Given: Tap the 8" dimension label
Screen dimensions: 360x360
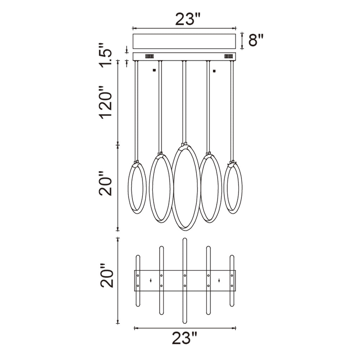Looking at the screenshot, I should tap(256, 40).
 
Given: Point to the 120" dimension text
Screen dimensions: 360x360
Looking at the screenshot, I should tap(105, 102).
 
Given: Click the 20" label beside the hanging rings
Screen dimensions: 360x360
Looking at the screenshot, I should tap(105, 184).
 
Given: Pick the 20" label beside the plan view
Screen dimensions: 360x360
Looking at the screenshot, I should tap(107, 279).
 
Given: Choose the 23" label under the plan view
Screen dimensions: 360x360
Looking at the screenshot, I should tap(185, 339).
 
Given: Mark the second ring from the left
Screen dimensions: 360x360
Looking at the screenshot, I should tap(161, 188).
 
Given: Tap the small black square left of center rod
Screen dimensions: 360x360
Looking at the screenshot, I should tap(154, 71).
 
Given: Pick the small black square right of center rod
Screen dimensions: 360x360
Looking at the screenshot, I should tap(214, 71).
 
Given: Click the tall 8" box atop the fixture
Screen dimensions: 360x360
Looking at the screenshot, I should tap(184, 41).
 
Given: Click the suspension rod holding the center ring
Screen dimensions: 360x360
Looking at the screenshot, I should tap(184, 102).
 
